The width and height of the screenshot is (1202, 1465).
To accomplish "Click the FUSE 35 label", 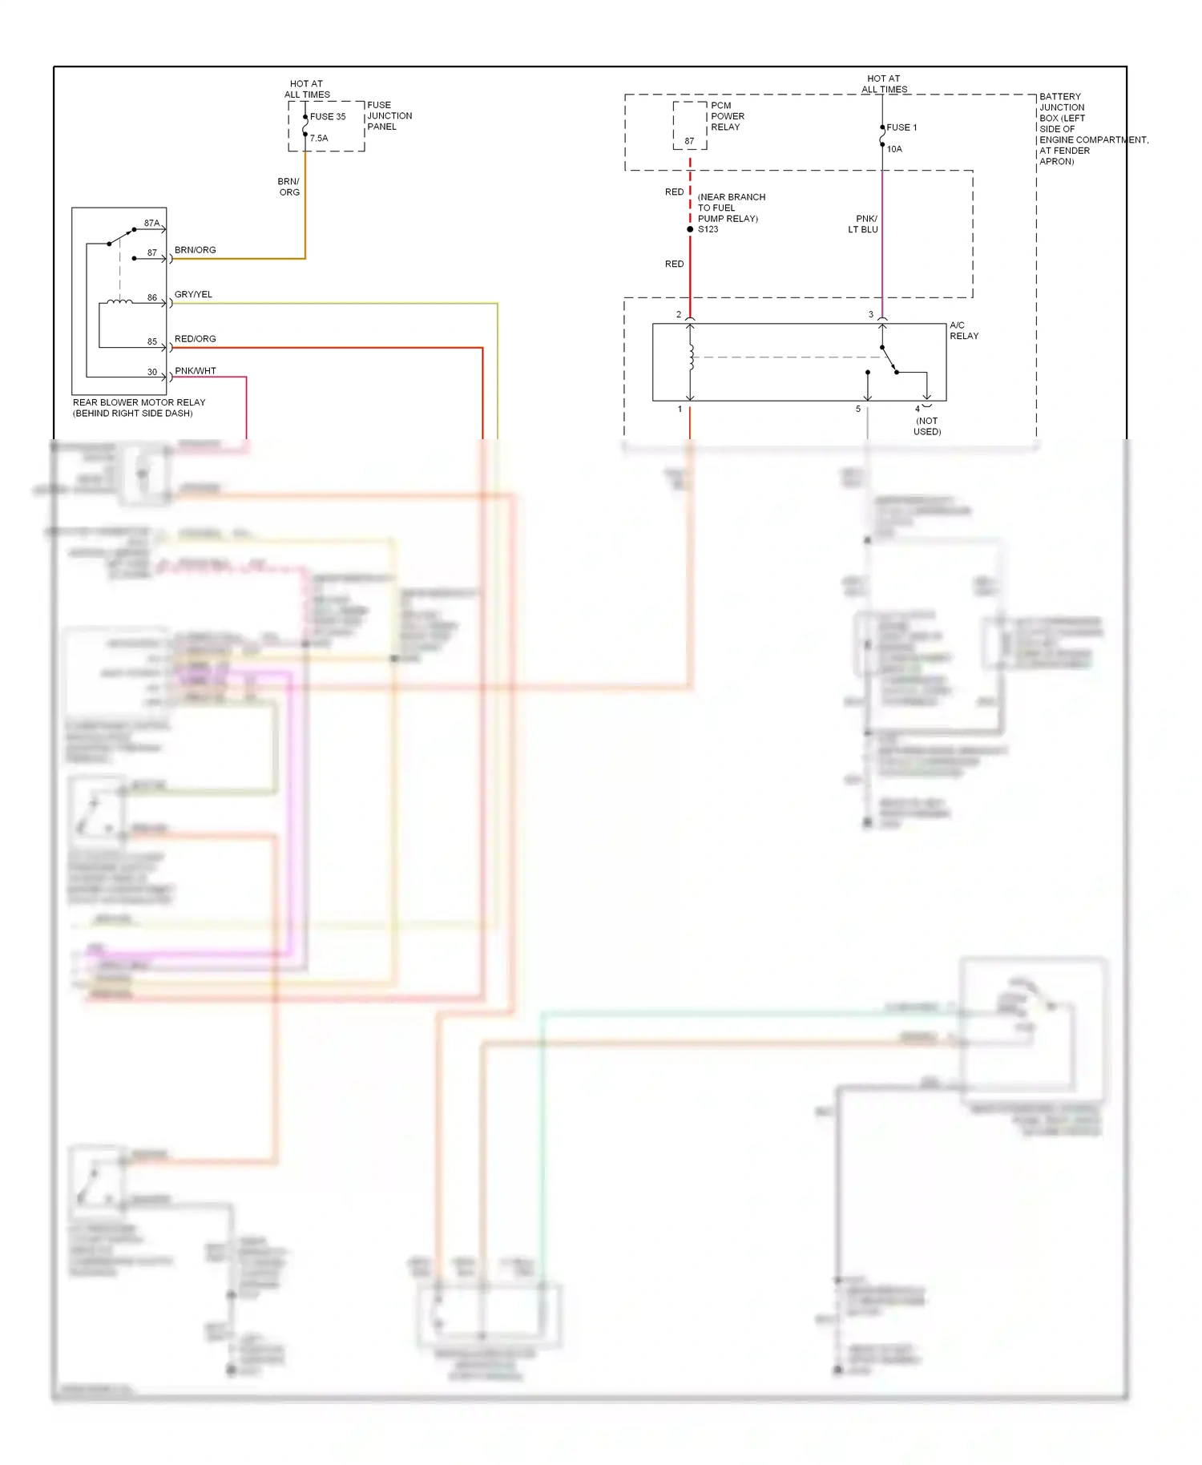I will tap(328, 117).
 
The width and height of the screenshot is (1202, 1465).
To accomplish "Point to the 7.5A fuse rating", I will tap(319, 139).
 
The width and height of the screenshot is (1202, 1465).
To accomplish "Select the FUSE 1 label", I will tap(901, 128).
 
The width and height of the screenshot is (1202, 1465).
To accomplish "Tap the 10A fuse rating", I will tap(894, 150).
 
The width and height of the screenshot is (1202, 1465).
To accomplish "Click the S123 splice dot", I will tap(690, 230).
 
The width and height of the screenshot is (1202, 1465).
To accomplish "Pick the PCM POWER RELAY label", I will tap(727, 117).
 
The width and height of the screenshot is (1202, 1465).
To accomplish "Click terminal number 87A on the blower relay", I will tap(151, 224).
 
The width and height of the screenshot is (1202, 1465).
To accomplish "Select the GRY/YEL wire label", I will tap(193, 295).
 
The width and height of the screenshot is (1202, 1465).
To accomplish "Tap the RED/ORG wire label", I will tap(195, 339).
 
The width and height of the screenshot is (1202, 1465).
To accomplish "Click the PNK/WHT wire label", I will tap(195, 371).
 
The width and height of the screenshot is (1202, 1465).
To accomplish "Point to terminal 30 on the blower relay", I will tap(152, 373).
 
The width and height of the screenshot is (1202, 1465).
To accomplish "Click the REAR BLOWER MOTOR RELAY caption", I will tap(139, 408).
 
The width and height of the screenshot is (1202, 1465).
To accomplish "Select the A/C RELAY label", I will tap(963, 331).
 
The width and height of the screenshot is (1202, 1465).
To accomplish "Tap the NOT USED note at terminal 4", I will tap(927, 426).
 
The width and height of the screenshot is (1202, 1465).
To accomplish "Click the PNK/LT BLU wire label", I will tap(864, 224).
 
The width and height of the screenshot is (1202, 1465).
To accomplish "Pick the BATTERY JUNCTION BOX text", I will tap(1063, 108).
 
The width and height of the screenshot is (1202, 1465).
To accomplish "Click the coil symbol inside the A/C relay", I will tap(691, 357).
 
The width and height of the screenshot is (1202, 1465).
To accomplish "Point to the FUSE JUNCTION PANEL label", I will tap(389, 116).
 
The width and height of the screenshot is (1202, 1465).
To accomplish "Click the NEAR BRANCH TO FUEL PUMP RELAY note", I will tap(731, 208).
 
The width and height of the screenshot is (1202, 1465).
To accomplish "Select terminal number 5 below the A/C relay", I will tap(858, 410).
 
